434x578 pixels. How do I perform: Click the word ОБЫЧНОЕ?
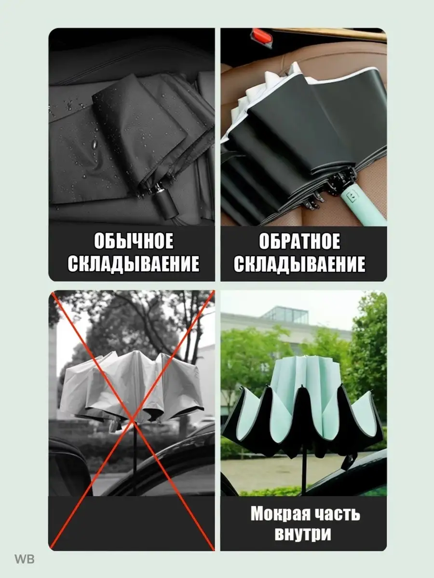click(x=134, y=241)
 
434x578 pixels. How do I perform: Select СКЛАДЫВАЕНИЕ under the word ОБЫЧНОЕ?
click(x=134, y=263)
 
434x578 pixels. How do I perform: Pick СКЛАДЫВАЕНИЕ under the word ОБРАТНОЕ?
click(x=299, y=263)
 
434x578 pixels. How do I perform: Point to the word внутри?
click(x=303, y=534)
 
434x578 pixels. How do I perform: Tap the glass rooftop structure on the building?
click(x=286, y=315)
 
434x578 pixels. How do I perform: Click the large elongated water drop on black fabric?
click(x=94, y=145)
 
